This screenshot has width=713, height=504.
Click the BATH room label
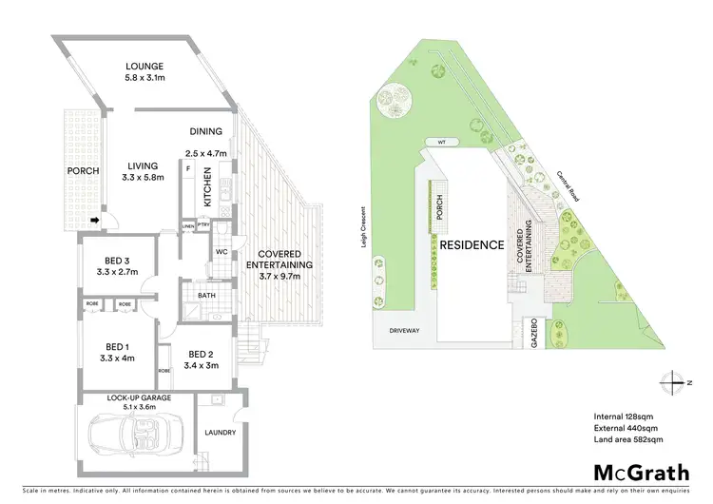pos(206,296)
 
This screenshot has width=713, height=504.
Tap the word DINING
pos(205,132)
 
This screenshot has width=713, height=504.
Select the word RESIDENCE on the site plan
pos(472,244)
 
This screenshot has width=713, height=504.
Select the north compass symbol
pos(674,382)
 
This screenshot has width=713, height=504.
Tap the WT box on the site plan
pos(441,143)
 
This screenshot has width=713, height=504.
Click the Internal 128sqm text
pos(619,416)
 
